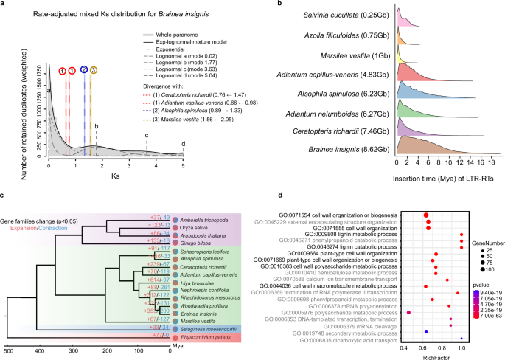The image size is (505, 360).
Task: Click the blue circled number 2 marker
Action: tap(84, 69)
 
